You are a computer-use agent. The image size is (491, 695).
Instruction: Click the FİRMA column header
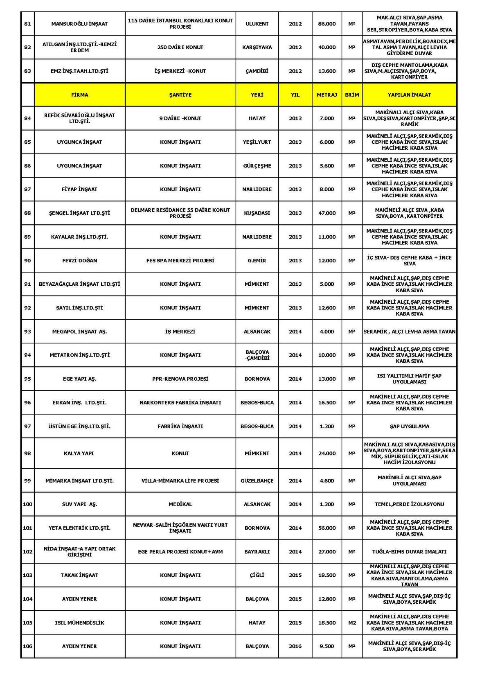(79, 95)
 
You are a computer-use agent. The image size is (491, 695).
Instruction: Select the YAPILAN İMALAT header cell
(409, 95)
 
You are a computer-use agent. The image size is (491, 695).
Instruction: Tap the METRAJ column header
(327, 95)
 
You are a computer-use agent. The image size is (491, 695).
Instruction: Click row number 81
(27, 24)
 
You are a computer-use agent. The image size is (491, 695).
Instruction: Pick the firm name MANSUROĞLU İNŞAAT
(79, 24)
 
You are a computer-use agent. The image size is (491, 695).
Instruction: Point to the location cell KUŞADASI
(257, 213)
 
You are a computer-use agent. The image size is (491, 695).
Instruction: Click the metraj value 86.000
(327, 24)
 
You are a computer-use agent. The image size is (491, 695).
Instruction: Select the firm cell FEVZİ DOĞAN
(79, 260)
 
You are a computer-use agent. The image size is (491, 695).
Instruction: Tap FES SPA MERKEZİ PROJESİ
(180, 260)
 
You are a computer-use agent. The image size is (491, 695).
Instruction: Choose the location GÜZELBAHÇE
(257, 481)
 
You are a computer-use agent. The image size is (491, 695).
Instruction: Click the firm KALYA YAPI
(79, 453)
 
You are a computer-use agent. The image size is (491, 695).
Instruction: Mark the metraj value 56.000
(327, 528)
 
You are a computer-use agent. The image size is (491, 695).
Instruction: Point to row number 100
(27, 504)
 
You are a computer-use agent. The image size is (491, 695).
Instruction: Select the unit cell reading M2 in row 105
(352, 623)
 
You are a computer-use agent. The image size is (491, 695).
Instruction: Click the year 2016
(295, 646)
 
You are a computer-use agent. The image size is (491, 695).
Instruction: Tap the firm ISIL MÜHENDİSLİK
(79, 623)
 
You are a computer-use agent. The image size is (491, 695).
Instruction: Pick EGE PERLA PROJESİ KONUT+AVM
(180, 552)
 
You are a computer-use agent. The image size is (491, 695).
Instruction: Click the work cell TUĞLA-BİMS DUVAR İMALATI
(409, 552)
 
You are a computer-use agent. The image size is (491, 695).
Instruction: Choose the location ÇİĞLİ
(257, 575)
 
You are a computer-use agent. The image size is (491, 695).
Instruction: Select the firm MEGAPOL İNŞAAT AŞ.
(79, 332)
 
